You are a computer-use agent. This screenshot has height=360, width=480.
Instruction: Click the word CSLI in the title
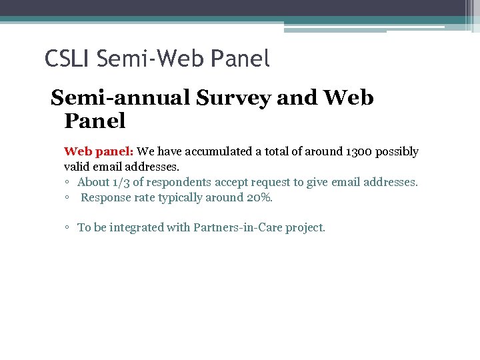[67, 59]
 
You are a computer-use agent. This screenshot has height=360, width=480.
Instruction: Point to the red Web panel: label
[99, 151]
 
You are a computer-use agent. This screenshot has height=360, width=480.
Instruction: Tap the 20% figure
[257, 197]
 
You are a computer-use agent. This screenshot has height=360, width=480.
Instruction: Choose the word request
[263, 182]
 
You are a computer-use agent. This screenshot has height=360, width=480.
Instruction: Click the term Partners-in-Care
[238, 227]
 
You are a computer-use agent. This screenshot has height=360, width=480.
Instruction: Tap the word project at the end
[305, 227]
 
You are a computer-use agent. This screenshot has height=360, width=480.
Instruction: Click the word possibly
[397, 151]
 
